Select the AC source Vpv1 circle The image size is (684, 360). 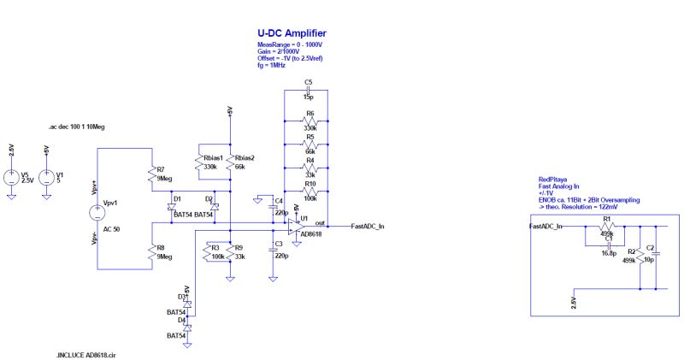pyautogui.click(x=97, y=213)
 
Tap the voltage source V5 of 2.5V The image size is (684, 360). pyautogui.click(x=11, y=177)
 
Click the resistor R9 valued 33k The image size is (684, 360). pyautogui.click(x=230, y=254)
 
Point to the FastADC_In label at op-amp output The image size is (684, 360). pyautogui.click(x=368, y=227)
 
